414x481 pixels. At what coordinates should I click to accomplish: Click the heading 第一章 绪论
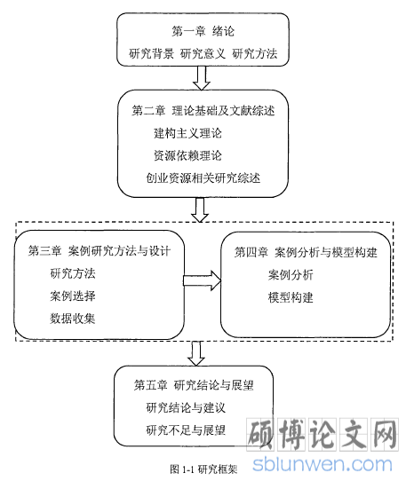203,31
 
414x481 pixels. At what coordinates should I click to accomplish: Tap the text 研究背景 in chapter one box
151,53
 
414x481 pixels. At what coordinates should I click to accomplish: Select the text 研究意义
203,53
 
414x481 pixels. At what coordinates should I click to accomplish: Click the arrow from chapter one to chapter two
202,78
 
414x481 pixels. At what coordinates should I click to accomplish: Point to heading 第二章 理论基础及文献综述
203,111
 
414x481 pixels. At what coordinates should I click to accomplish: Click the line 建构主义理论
187,133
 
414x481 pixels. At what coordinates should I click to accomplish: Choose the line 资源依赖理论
187,155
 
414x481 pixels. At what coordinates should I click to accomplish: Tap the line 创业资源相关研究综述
203,178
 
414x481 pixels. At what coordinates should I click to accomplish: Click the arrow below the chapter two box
200,209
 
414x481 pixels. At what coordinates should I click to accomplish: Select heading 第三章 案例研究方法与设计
99,251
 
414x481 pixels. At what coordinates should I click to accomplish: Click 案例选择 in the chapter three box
73,296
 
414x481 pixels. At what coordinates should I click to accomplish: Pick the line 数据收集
73,319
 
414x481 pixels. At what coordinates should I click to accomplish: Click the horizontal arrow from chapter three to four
202,280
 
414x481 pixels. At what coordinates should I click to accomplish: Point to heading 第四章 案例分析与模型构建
306,252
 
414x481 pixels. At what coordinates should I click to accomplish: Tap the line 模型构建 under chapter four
291,297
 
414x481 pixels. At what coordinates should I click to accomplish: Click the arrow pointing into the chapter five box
196,353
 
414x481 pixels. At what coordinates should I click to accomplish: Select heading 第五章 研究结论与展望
194,385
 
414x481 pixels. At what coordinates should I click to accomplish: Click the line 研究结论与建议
186,407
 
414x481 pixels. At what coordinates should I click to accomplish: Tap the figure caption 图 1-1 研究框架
203,469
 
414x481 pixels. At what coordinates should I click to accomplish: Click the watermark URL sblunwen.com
322,464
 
